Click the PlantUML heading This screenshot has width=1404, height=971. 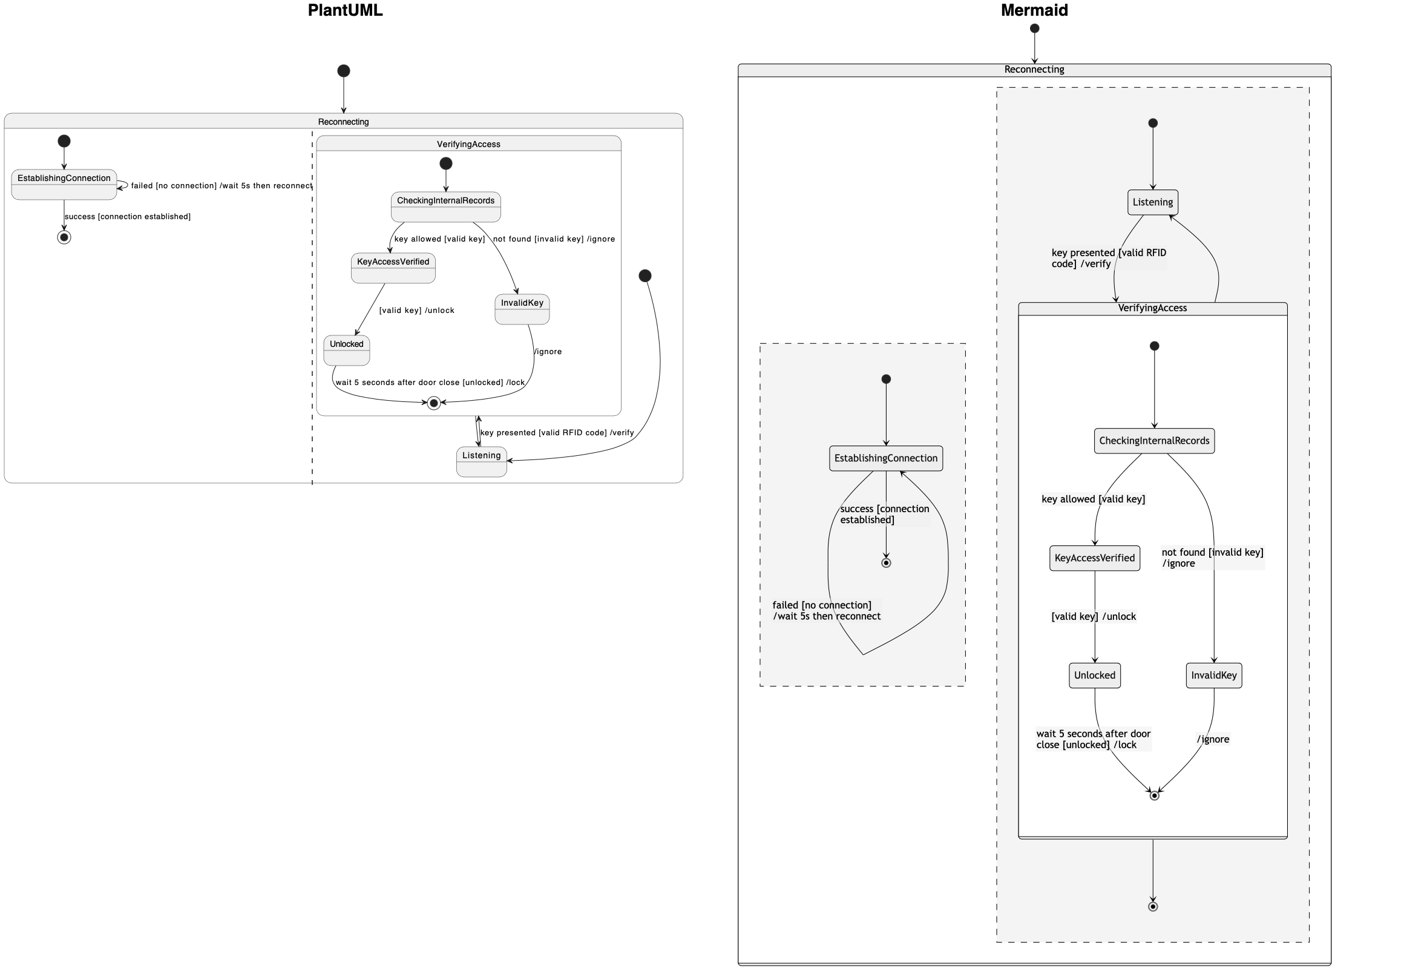(x=345, y=10)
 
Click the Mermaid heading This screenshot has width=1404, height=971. (x=1034, y=10)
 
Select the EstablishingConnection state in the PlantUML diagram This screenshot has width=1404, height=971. (x=64, y=185)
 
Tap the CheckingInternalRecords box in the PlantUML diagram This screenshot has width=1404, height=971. (x=445, y=207)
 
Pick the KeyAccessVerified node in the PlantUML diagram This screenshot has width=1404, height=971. (x=393, y=268)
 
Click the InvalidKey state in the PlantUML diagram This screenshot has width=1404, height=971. (x=522, y=309)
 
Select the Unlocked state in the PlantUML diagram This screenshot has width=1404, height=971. (x=346, y=350)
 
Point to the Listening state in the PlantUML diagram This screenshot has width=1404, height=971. (x=481, y=461)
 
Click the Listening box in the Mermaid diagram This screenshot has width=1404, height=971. (x=1152, y=202)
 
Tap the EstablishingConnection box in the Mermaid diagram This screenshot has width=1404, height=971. (x=885, y=458)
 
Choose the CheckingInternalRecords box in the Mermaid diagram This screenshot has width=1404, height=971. (x=1153, y=441)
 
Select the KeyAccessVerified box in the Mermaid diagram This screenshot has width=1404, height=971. (x=1094, y=558)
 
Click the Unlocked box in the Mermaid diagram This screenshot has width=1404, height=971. (x=1094, y=676)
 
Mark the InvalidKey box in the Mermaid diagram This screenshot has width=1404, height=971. (x=1213, y=676)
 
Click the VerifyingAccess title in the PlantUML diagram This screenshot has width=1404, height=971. (x=468, y=144)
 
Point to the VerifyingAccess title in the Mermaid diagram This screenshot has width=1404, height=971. (x=1152, y=308)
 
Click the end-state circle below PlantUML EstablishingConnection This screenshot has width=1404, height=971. (x=64, y=237)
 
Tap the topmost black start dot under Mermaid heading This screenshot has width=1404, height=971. (x=1034, y=28)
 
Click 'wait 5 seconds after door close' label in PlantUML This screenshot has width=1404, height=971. (x=429, y=382)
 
